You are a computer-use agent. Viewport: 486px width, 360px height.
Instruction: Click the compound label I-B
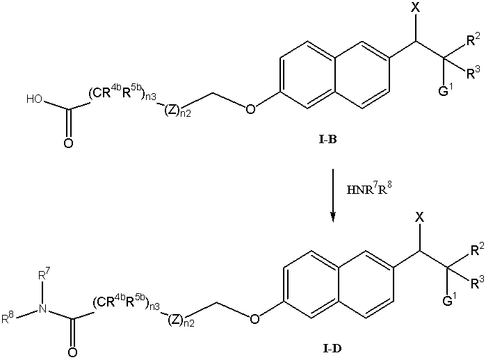coord(327,140)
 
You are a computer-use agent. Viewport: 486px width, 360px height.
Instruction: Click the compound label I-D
coord(332,349)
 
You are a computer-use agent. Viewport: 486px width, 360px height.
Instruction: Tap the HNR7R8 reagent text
coord(367,188)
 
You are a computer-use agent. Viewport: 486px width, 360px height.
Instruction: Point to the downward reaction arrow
coord(333,196)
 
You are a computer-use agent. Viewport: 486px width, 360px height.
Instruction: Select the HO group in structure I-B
coord(34,99)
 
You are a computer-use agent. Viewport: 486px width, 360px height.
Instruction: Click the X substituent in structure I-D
coord(419,218)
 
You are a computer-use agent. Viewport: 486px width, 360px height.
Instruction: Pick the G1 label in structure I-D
coord(449,300)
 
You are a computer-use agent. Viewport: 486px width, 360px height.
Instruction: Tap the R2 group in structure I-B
coord(473,39)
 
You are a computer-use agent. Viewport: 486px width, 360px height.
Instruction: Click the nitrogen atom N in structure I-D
coord(43,309)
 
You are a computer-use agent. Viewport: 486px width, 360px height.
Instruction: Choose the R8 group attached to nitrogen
coord(8,318)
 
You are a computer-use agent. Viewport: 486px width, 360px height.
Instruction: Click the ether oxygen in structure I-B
coord(250,109)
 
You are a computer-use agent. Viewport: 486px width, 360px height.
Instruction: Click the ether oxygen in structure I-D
coord(254,319)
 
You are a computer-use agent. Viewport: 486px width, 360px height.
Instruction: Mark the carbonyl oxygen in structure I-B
coord(69,143)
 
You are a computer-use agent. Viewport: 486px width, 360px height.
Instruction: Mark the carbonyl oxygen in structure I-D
coord(72,352)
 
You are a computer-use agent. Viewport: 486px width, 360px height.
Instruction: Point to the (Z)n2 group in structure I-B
coord(177,111)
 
